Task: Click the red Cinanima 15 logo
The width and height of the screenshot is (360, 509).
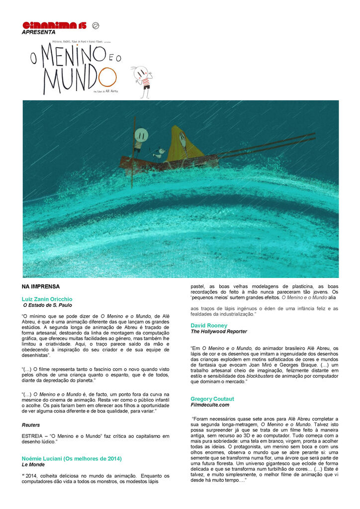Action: tap(57, 25)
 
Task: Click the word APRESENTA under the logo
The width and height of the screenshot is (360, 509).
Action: tap(39, 32)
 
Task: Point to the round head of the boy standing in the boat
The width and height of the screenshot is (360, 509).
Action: tap(141, 134)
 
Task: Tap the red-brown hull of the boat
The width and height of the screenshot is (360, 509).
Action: tap(169, 163)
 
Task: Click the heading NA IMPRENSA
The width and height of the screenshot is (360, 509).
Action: tap(41, 287)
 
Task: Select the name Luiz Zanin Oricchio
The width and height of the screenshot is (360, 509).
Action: tap(47, 299)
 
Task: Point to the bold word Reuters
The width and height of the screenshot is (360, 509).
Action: tap(31, 425)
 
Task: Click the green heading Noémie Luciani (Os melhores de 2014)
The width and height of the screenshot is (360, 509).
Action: tap(72, 458)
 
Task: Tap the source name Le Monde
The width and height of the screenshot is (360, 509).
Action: tap(33, 465)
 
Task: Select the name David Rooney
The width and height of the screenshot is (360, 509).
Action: tap(209, 326)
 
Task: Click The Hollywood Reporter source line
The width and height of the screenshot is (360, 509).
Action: tap(219, 332)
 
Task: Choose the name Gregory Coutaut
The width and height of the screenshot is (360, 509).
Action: tap(212, 399)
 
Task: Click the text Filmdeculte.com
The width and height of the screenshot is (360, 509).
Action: tap(210, 405)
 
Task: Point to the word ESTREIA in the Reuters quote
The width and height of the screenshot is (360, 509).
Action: tap(32, 436)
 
